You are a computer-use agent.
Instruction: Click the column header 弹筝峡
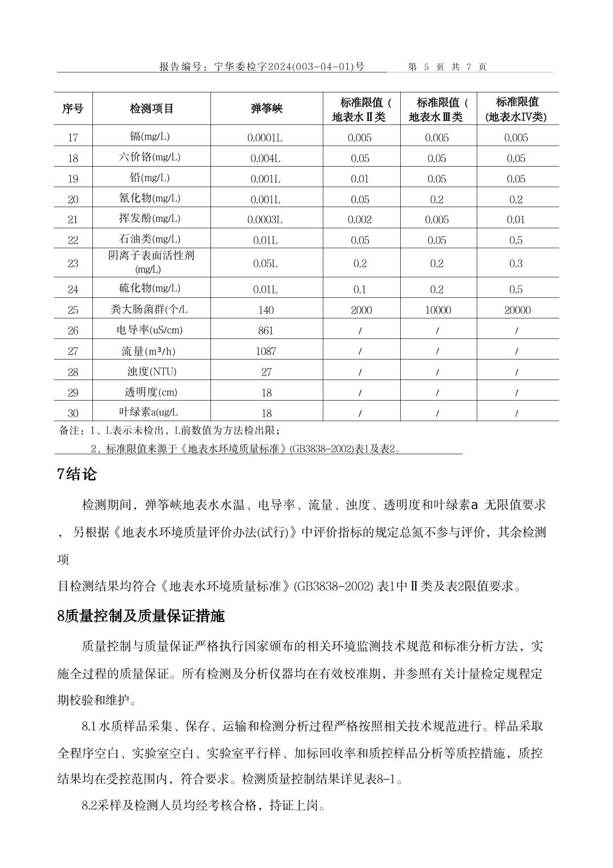click(x=266, y=108)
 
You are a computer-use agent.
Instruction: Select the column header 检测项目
click(x=151, y=108)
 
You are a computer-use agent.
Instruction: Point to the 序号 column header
click(x=72, y=108)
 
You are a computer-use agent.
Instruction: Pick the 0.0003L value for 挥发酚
click(x=265, y=220)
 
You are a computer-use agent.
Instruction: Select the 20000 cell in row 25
click(x=517, y=310)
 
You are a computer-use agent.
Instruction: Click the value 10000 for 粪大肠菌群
click(x=437, y=310)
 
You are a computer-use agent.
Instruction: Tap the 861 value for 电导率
click(x=266, y=330)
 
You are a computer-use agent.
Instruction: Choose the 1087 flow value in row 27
click(x=266, y=351)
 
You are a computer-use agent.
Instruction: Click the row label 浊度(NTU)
click(x=152, y=372)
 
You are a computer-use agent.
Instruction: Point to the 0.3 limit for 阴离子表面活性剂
click(x=516, y=263)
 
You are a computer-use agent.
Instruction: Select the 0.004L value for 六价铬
click(x=265, y=158)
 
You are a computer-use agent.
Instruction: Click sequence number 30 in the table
click(x=73, y=413)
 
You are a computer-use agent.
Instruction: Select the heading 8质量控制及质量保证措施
click(x=141, y=616)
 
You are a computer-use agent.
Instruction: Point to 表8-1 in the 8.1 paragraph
click(x=383, y=779)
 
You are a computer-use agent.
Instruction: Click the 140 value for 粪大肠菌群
click(x=266, y=310)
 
